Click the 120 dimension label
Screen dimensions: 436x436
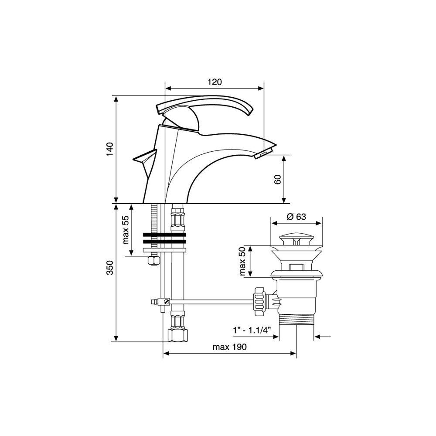click(215, 82)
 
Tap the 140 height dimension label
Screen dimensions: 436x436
click(110, 149)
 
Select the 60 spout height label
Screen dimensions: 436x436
click(278, 180)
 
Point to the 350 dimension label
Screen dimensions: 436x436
click(110, 268)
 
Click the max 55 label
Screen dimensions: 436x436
click(126, 230)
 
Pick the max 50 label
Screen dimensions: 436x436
click(242, 261)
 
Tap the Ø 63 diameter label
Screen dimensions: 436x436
click(296, 217)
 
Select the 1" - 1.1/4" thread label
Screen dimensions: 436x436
click(252, 330)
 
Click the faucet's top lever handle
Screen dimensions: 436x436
click(204, 104)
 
